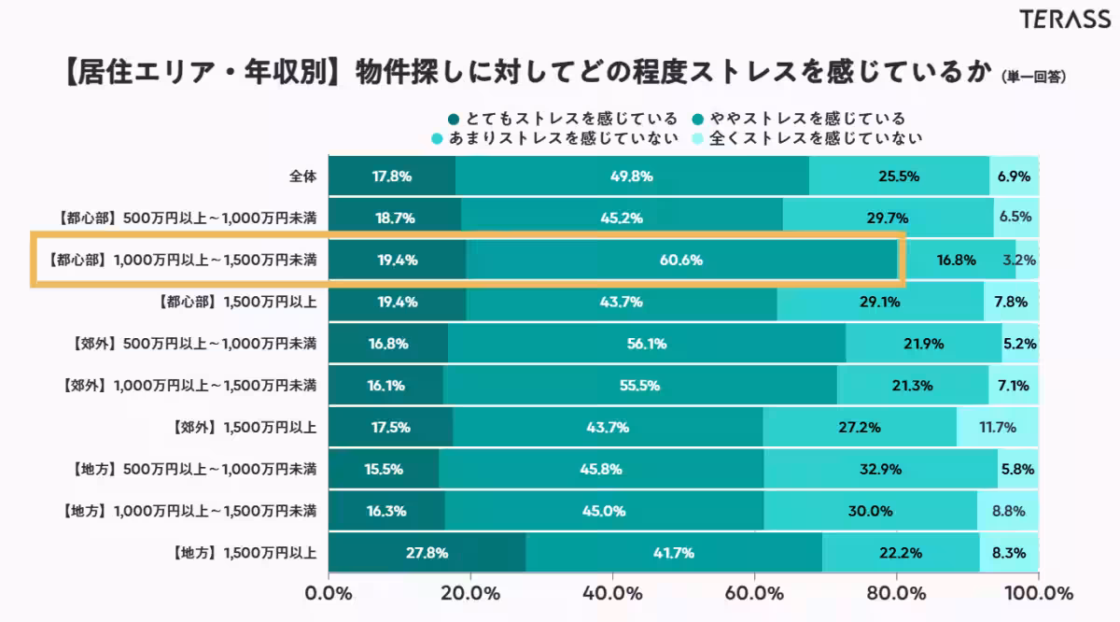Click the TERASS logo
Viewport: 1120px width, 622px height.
(1064, 20)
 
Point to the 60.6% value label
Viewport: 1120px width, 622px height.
(680, 261)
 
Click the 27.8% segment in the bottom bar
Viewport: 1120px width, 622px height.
(427, 553)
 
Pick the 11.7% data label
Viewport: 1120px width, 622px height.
(998, 428)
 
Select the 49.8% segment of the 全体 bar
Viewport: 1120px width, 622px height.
(631, 176)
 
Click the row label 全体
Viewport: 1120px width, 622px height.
(302, 176)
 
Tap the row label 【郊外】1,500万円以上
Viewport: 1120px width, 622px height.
(244, 428)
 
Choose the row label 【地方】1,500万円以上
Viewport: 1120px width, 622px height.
(244, 553)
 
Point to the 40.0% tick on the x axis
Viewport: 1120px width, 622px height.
(611, 594)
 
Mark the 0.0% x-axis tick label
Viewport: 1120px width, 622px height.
(329, 594)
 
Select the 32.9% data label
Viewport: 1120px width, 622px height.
(879, 470)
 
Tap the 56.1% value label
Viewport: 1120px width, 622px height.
(646, 344)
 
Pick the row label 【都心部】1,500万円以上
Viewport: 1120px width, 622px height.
(238, 302)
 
